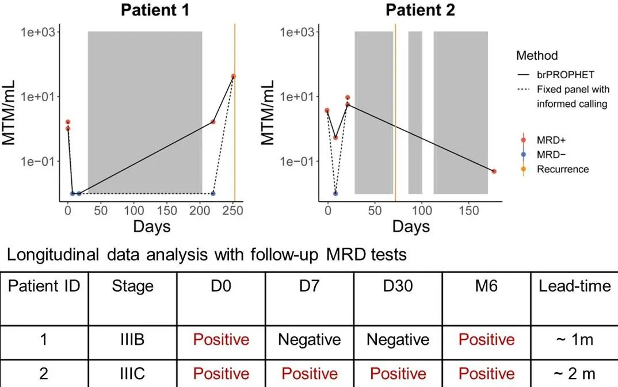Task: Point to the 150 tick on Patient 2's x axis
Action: pyautogui.click(x=470, y=210)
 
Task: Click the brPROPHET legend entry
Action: pyautogui.click(x=562, y=75)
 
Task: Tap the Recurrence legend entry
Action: pyautogui.click(x=562, y=169)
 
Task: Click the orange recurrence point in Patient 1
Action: pyautogui.click(x=234, y=76)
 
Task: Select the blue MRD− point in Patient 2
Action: pyautogui.click(x=335, y=193)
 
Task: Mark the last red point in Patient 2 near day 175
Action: pyautogui.click(x=494, y=171)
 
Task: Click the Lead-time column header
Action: pyautogui.click(x=574, y=286)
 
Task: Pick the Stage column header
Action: pyautogui.click(x=132, y=286)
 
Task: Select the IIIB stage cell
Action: pyautogui.click(x=132, y=340)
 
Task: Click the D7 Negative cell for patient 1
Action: pyautogui.click(x=310, y=340)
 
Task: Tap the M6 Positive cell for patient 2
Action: pyautogui.click(x=486, y=374)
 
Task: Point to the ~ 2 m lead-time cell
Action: pyautogui.click(x=574, y=374)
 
